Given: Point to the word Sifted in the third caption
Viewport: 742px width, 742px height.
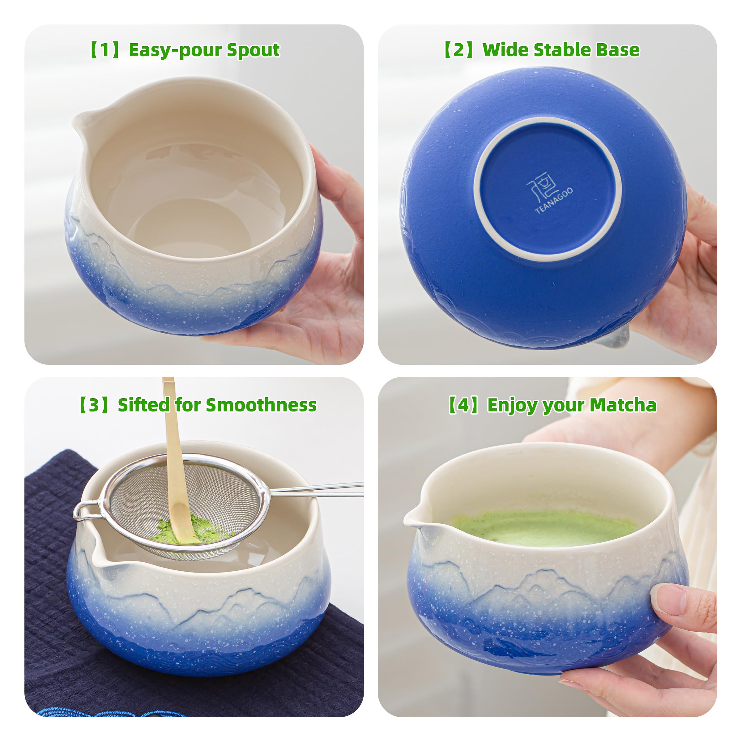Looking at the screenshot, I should pos(143,405).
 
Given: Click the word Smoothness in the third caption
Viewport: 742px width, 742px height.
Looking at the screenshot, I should pos(261,405).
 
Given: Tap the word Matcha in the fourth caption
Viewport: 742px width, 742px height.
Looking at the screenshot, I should pos(623,405).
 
